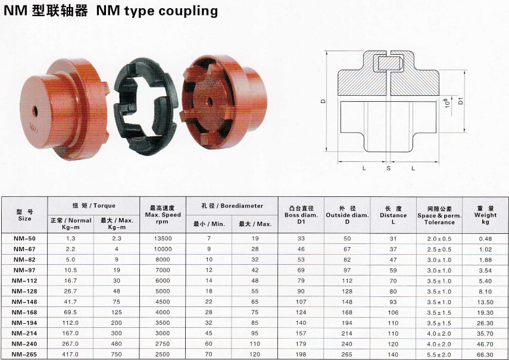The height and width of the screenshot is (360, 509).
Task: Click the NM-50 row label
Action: point(24,239)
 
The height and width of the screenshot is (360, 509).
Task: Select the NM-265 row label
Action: point(24,355)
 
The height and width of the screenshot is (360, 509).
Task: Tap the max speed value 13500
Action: point(163,239)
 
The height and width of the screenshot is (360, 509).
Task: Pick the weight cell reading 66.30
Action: point(485,355)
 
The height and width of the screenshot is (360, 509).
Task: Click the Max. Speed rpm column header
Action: point(163,215)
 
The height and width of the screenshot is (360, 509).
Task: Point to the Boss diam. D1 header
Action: point(301,215)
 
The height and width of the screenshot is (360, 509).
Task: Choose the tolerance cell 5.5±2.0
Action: point(439,355)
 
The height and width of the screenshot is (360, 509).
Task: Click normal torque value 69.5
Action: point(70,312)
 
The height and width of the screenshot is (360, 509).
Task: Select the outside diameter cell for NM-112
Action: point(347,281)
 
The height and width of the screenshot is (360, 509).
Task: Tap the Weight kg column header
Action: point(485,215)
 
